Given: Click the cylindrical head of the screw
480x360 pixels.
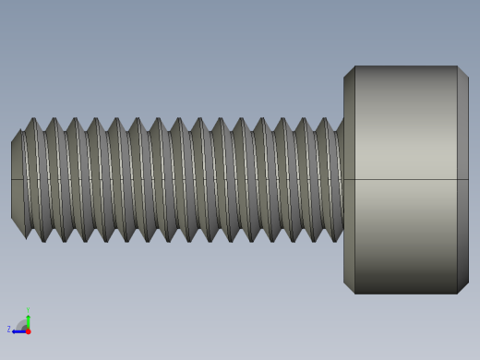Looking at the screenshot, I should [406, 180].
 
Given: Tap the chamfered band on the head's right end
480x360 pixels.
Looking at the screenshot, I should [462, 180].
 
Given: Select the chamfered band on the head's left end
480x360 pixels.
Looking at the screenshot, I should [349, 180].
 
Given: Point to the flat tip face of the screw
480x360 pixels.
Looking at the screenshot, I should [17, 180].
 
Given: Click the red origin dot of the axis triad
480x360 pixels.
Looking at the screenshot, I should [28, 330].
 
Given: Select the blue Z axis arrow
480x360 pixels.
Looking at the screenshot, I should [18, 330].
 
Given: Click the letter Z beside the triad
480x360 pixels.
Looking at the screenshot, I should [9, 329].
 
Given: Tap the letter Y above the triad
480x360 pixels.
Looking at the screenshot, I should [28, 310].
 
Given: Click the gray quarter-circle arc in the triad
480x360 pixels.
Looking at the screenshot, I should [22, 324].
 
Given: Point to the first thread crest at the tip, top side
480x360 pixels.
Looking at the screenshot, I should [34, 119].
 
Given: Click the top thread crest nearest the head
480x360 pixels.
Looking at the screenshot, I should [323, 119].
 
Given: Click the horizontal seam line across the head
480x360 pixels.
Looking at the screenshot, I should [406, 179].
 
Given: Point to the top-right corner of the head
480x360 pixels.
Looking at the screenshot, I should [458, 66].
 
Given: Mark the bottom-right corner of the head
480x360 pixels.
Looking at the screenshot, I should [458, 294].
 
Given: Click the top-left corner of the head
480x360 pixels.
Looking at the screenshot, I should [354, 66].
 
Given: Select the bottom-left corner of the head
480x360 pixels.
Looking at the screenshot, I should [354, 294].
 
